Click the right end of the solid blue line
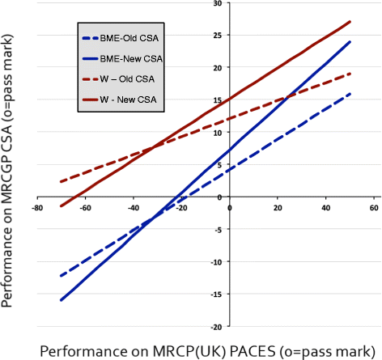click(x=350, y=42)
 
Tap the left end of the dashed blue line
click(x=61, y=276)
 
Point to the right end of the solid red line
click(x=350, y=22)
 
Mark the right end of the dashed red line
click(x=350, y=74)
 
